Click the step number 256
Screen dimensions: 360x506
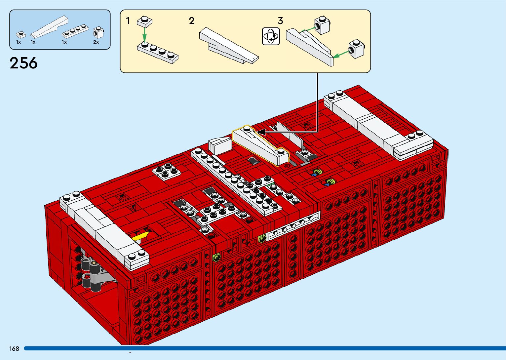pos(23,63)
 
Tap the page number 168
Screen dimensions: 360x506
pos(14,348)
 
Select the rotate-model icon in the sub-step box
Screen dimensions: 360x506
pos(271,36)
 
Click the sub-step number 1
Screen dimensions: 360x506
pos(128,21)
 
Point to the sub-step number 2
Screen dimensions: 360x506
pos(191,21)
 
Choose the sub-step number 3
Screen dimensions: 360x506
pos(280,21)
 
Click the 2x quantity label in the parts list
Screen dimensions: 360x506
pos(96,42)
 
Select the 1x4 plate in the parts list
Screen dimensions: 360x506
pos(75,31)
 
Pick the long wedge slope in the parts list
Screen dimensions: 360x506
pos(50,27)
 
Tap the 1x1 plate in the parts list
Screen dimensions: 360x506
pos(21,34)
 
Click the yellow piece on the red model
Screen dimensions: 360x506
pos(140,236)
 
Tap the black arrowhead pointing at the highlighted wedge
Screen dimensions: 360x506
pos(261,132)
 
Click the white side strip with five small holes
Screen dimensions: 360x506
pos(293,225)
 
